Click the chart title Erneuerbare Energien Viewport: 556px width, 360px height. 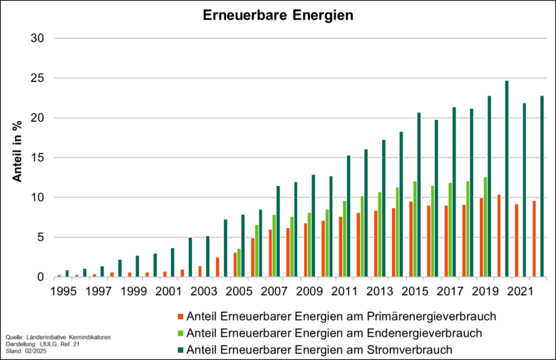click(277, 15)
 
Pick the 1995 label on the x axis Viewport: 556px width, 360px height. click(63, 291)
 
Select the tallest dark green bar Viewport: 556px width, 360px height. click(507, 178)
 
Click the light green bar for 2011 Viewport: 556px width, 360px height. click(344, 239)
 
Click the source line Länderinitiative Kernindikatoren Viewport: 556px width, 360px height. click(58, 336)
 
